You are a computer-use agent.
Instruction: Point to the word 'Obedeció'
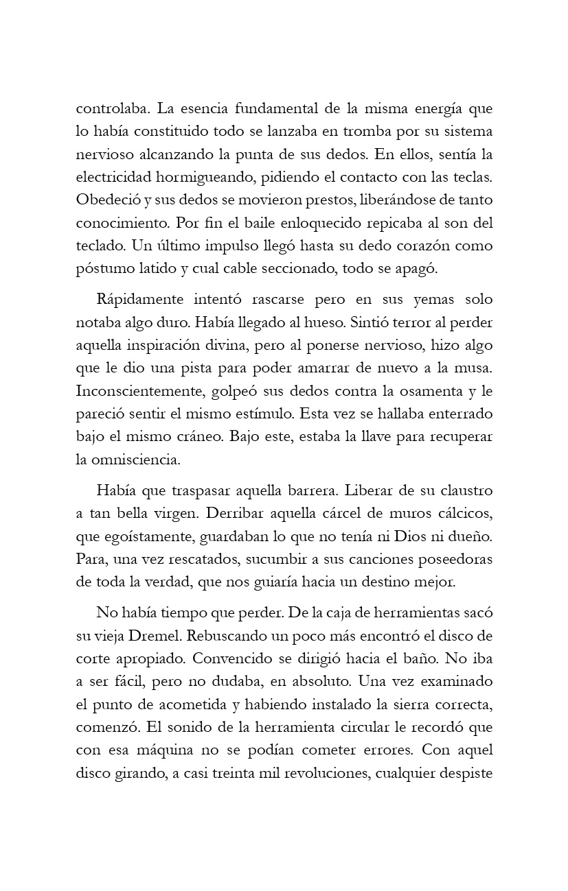(x=102, y=200)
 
